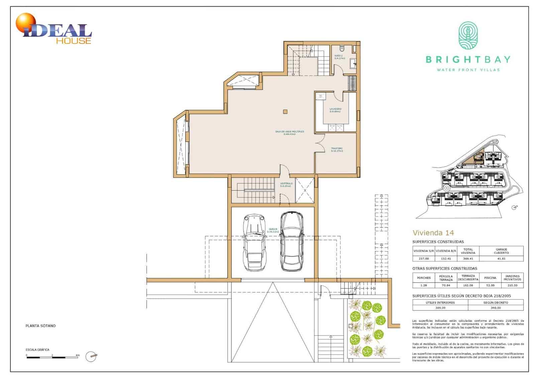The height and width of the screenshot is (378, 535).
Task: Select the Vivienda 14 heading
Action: (433, 232)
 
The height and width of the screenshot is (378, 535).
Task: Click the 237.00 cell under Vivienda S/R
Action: (423, 259)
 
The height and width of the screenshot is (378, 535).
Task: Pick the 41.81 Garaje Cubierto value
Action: (501, 259)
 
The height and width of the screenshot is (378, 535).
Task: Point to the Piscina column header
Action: (490, 278)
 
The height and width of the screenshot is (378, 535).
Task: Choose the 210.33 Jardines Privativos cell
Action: (512, 285)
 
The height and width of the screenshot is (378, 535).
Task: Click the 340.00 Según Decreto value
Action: (496, 308)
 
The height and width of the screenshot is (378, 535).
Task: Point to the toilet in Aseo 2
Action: (342, 48)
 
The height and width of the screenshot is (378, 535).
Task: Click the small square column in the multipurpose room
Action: (285, 112)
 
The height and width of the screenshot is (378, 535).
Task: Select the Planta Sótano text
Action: (40, 325)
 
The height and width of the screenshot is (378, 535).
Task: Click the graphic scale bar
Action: (52, 358)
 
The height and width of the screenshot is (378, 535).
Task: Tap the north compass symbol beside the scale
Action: (91, 357)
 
